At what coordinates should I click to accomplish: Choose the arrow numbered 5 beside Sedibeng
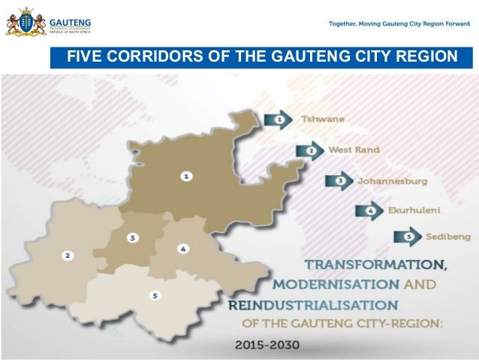click(408, 237)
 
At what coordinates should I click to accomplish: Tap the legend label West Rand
click(354, 150)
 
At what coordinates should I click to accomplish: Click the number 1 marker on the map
click(185, 176)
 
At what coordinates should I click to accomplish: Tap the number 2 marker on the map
click(68, 256)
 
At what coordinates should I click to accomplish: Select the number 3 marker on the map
click(132, 237)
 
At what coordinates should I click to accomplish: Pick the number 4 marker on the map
click(182, 248)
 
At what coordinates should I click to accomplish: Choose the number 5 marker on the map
click(155, 296)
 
